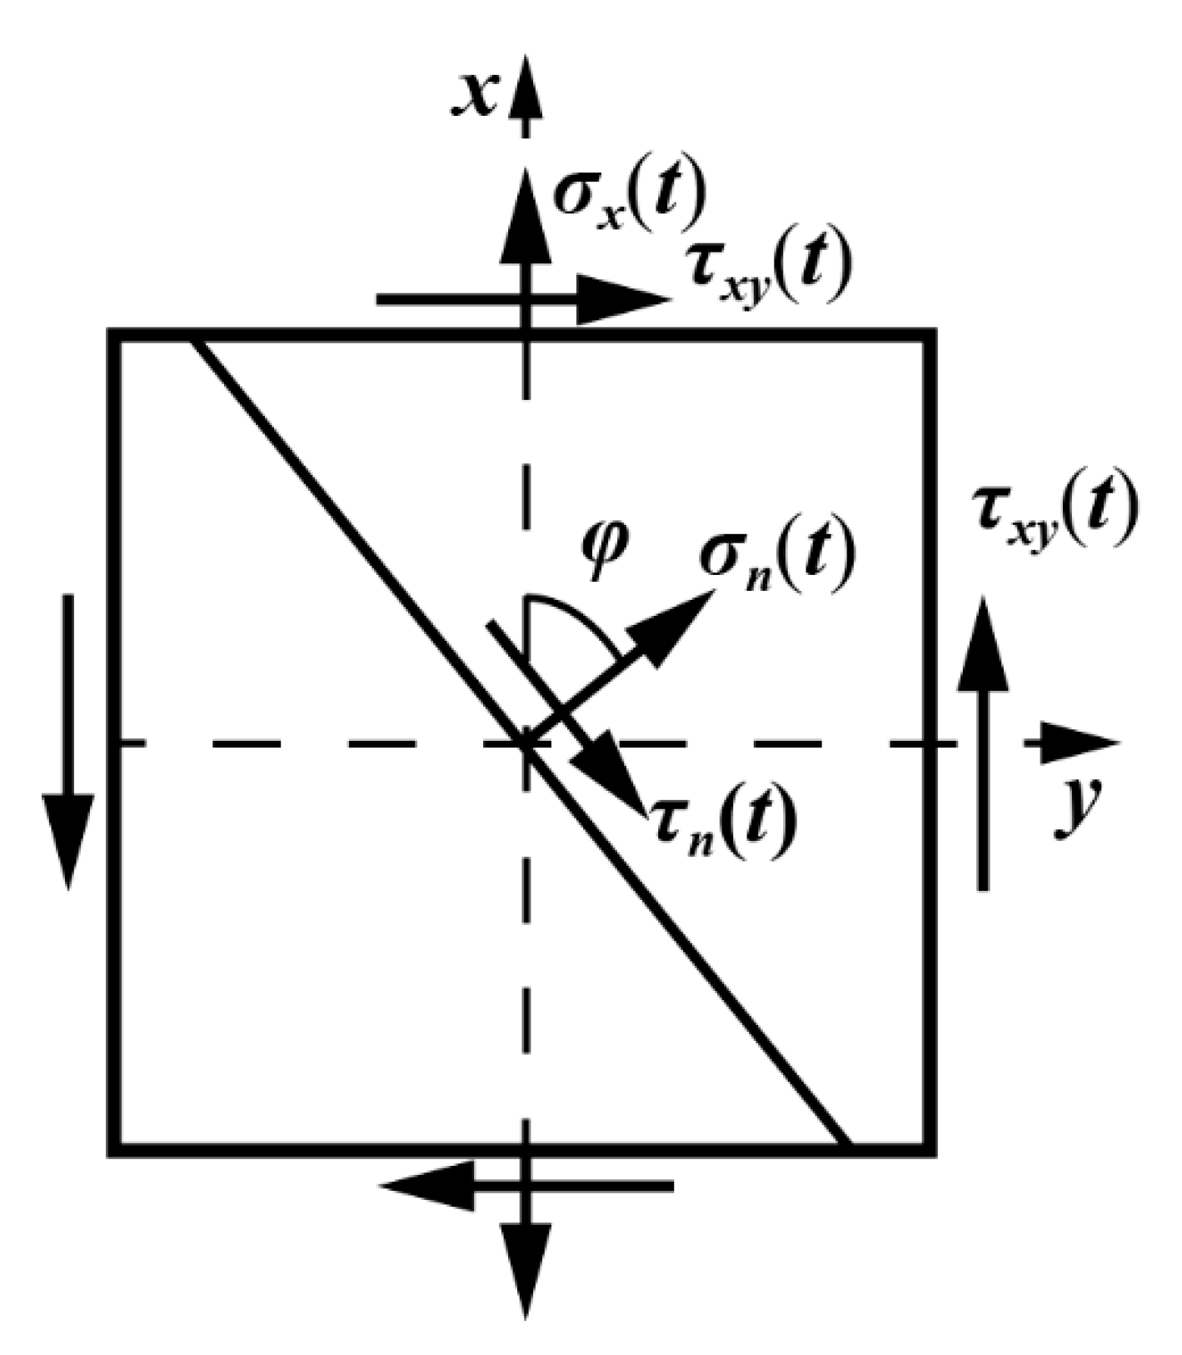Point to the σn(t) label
point(776,557)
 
